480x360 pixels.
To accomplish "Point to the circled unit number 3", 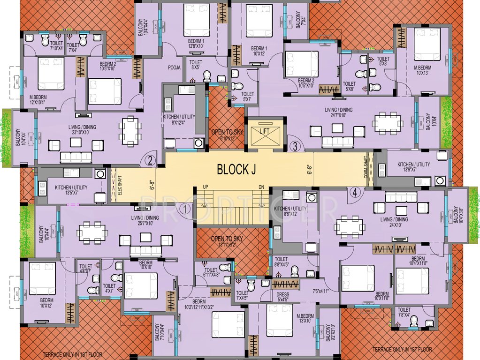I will [x=295, y=146].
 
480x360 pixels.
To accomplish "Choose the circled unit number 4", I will [x=355, y=192].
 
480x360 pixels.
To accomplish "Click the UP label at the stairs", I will [x=205, y=187].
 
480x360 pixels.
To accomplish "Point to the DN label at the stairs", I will [x=261, y=187].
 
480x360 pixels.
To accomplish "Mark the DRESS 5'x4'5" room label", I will [x=283, y=297].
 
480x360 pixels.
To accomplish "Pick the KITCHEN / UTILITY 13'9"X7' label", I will [x=413, y=167].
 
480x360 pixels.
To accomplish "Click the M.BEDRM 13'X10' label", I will [x=304, y=318].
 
